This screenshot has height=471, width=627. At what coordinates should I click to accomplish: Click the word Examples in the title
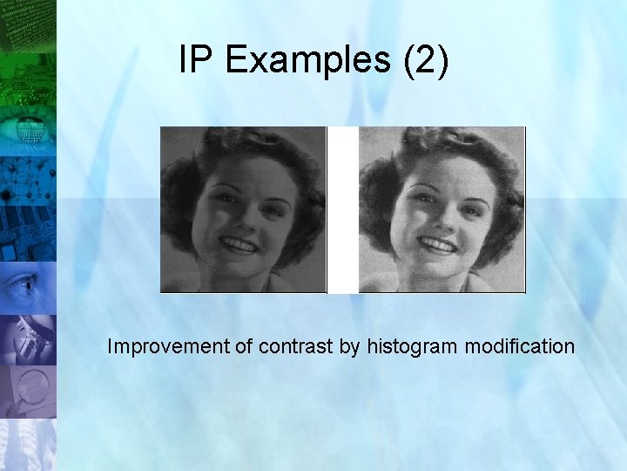click(305, 60)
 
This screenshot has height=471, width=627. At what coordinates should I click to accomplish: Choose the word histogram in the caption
click(413, 346)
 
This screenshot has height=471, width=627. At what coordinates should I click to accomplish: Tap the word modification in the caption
click(520, 346)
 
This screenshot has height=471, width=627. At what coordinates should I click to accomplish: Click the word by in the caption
click(349, 346)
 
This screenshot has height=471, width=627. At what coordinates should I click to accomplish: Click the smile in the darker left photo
click(239, 245)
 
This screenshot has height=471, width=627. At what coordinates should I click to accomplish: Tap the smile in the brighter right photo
click(437, 245)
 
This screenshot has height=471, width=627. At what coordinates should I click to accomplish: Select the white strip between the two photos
click(342, 209)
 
